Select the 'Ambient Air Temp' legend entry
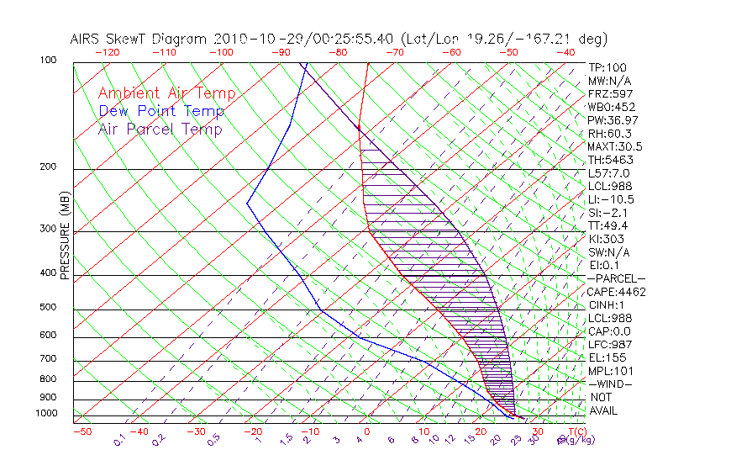[166, 93]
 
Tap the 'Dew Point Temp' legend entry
[160, 111]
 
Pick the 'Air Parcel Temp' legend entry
[160, 129]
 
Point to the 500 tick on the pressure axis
[47, 308]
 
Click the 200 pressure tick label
[47, 167]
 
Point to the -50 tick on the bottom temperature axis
[82, 431]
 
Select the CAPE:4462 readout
[616, 292]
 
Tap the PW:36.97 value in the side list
[611, 120]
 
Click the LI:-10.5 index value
[611, 199]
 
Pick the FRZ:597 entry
[607, 93]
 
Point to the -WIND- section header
[611, 384]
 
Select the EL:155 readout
[606, 357]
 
